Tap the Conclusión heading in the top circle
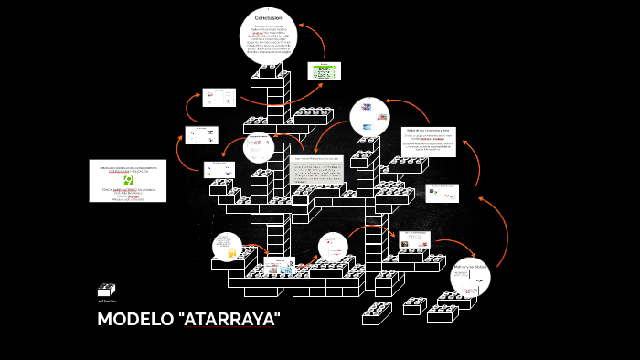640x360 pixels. (268, 18)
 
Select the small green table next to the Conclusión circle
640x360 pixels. (325, 70)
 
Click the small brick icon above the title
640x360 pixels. (107, 290)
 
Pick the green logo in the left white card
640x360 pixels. (128, 179)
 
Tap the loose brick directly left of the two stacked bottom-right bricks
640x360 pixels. (414, 306)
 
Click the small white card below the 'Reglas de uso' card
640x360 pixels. (442, 193)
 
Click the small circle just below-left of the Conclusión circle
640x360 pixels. (259, 146)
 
